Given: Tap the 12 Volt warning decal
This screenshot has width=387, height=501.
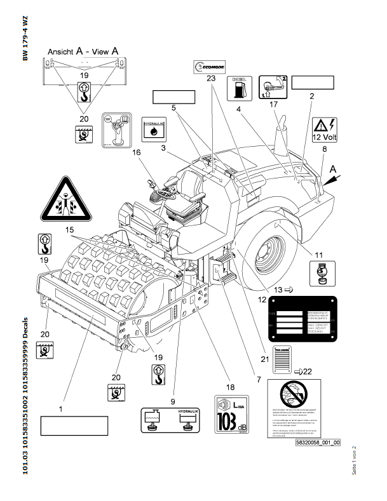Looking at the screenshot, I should [325, 129].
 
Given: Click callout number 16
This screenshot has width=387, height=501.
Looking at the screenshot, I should [137, 152].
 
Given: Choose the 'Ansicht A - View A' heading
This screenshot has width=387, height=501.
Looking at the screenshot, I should [83, 52].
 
